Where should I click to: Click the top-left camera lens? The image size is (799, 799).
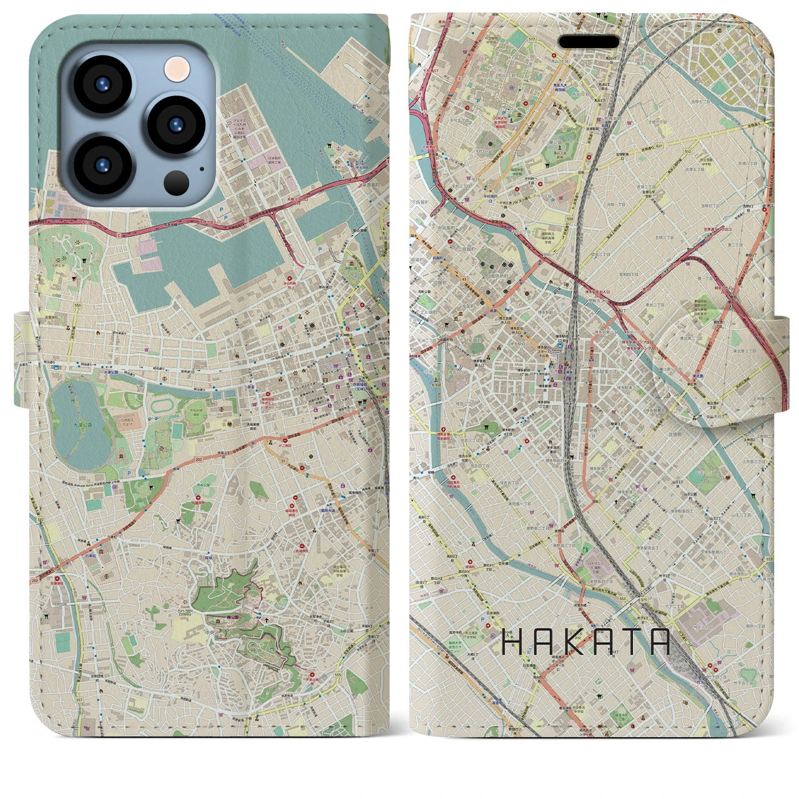point(102,84)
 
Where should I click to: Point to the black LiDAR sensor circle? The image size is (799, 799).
point(177,182)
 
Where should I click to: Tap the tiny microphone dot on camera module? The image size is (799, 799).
point(202,167)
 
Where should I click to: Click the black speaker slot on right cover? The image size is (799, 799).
point(589,41)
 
